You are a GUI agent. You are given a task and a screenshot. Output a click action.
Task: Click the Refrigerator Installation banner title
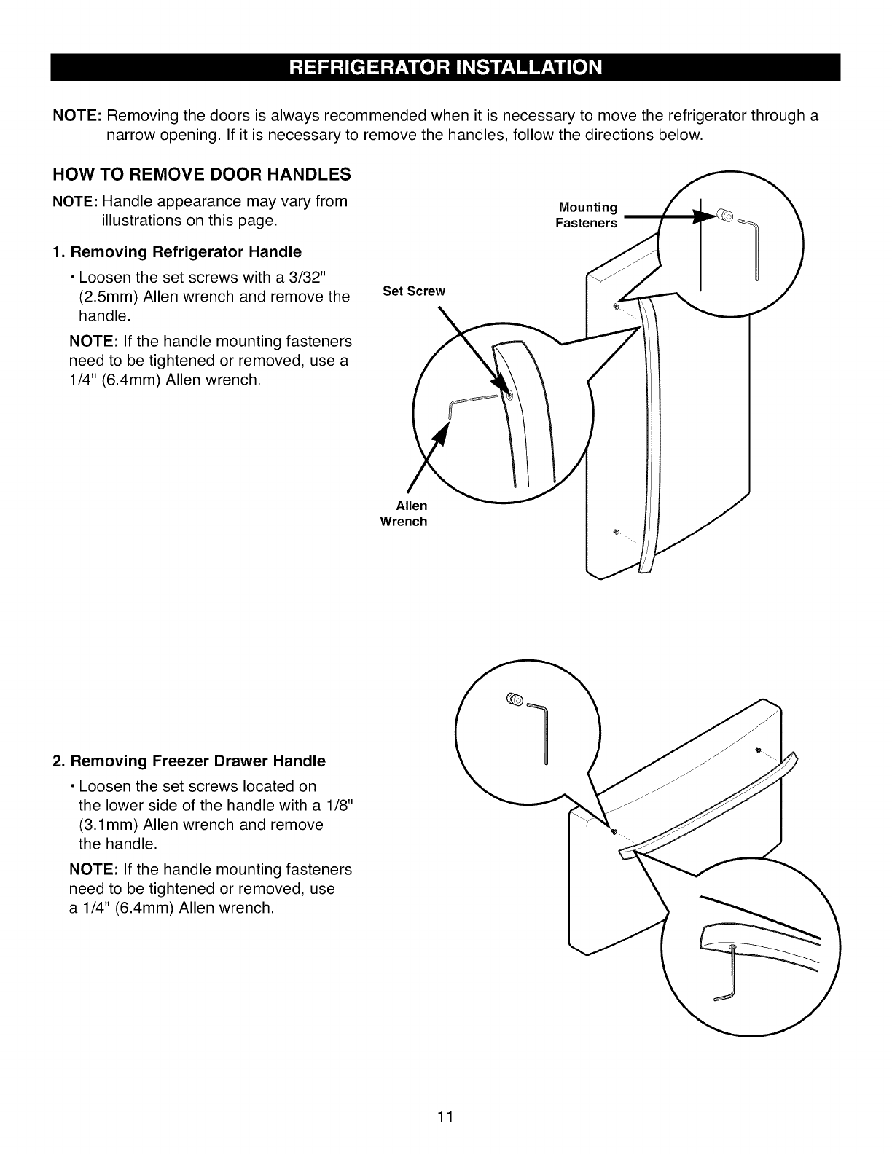pyautogui.click(x=446, y=67)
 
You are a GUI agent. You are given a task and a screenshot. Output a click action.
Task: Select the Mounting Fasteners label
pyautogui.click(x=586, y=215)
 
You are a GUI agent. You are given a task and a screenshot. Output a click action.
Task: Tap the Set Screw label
pyautogui.click(x=413, y=291)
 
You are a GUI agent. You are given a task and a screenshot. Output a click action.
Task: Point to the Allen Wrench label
pyautogui.click(x=404, y=514)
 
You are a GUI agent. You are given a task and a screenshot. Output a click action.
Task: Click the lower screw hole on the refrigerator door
pyautogui.click(x=617, y=531)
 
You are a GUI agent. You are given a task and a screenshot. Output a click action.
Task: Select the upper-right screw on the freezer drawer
pyautogui.click(x=760, y=750)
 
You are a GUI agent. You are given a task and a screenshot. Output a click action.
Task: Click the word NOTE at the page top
pyautogui.click(x=78, y=117)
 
